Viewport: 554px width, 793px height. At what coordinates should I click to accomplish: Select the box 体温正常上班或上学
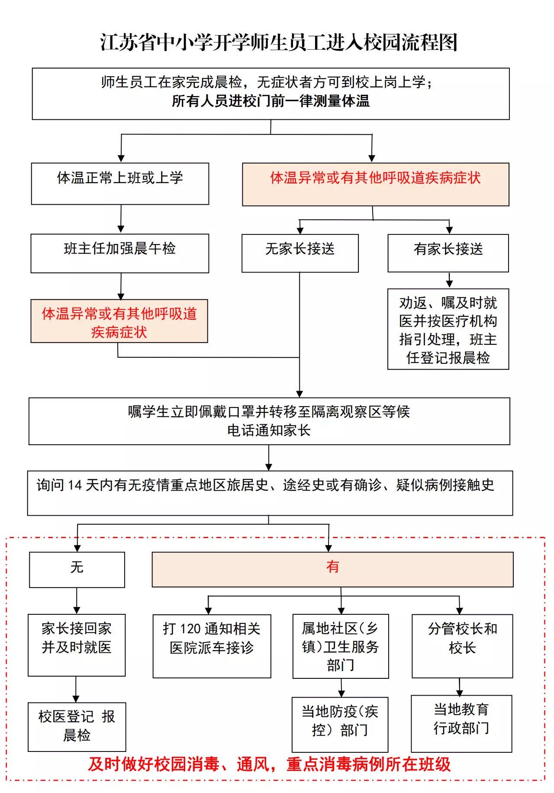120,183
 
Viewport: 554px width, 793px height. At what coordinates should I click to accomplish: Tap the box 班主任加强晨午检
120,253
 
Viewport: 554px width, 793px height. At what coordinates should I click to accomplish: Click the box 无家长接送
300,253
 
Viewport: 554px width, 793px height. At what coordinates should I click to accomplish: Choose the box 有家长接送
448,253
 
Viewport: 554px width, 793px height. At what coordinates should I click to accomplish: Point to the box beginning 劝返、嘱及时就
448,329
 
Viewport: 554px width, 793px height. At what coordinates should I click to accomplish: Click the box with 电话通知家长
269,421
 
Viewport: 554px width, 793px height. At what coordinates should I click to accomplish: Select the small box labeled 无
77,569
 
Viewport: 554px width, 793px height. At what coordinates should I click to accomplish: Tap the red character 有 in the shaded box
332,567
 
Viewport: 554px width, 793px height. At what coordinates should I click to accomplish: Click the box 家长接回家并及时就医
77,645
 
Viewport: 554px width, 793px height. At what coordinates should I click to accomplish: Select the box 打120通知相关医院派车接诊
212,645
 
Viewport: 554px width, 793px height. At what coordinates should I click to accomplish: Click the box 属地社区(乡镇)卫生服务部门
341,646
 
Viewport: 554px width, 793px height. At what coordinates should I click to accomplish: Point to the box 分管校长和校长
462,645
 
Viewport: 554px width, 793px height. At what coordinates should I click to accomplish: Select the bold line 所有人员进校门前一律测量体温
271,101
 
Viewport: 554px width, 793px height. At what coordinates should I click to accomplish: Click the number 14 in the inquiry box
74,485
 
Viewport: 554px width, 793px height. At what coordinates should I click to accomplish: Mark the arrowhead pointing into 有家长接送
449,230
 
